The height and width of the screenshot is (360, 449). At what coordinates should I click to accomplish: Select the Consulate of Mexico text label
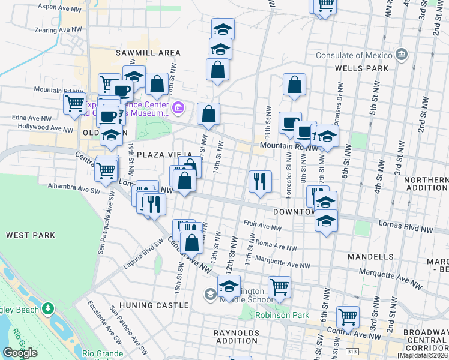(354, 56)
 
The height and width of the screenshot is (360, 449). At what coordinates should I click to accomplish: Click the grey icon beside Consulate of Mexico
(402, 56)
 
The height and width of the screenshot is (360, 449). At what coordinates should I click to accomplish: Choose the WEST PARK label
(31, 235)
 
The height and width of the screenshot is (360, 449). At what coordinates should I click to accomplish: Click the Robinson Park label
(282, 314)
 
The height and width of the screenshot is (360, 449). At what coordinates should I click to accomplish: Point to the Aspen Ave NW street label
(59, 6)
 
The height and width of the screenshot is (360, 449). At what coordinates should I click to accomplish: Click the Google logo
(20, 353)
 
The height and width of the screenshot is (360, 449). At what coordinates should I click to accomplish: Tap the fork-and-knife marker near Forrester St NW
(260, 181)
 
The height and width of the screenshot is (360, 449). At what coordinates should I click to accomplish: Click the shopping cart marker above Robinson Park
(279, 287)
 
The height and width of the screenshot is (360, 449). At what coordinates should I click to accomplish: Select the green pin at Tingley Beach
(48, 310)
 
